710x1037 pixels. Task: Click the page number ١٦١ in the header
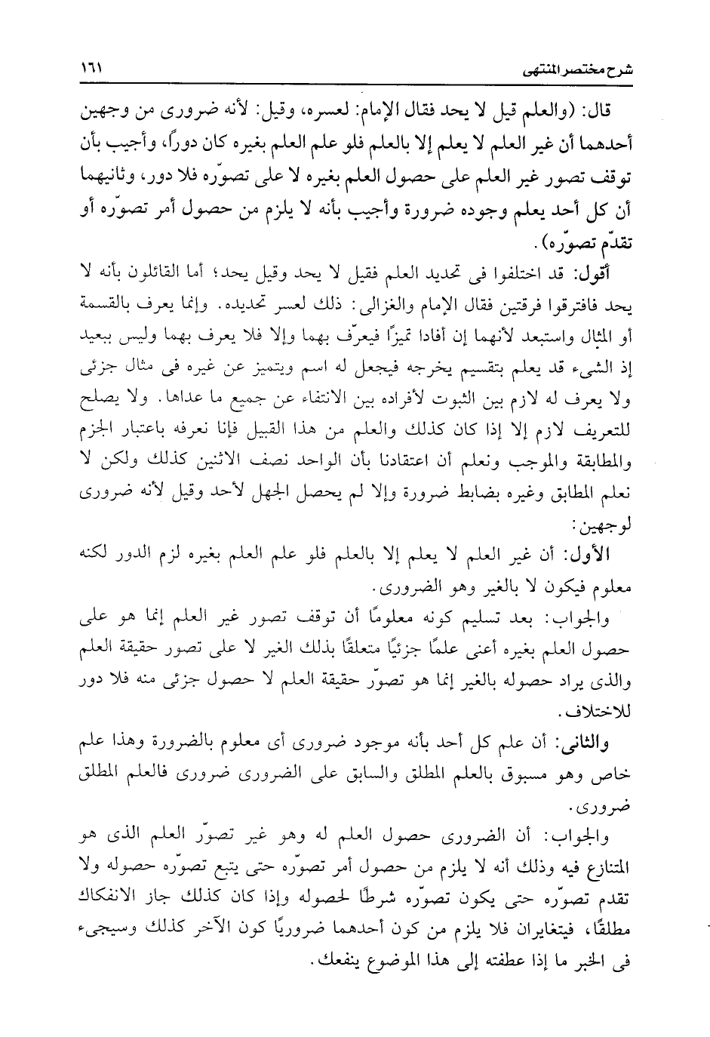pos(91,69)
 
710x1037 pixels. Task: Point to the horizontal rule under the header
pos(355,85)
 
